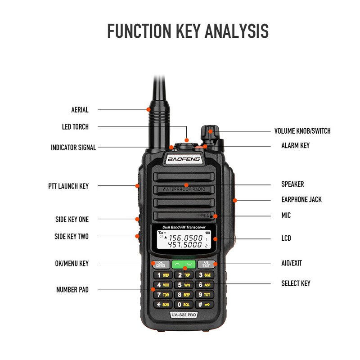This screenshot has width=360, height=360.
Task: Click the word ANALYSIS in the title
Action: pos(236,31)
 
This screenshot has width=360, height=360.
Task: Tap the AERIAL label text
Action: pos(80,109)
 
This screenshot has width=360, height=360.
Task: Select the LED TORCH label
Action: pos(75,126)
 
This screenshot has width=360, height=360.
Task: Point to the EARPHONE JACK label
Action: pos(301,199)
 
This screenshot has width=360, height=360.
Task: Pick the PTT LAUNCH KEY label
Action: pos(68,186)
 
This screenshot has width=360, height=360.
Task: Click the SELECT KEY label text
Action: pos(296,283)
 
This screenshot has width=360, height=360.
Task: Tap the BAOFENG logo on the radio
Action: pos(184,159)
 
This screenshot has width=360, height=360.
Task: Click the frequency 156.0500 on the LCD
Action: pos(185,237)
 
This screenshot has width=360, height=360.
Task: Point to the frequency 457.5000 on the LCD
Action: pos(185,245)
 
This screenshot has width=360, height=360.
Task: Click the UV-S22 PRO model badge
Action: pos(184,315)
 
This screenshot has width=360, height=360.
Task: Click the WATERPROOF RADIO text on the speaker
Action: pos(184,189)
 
